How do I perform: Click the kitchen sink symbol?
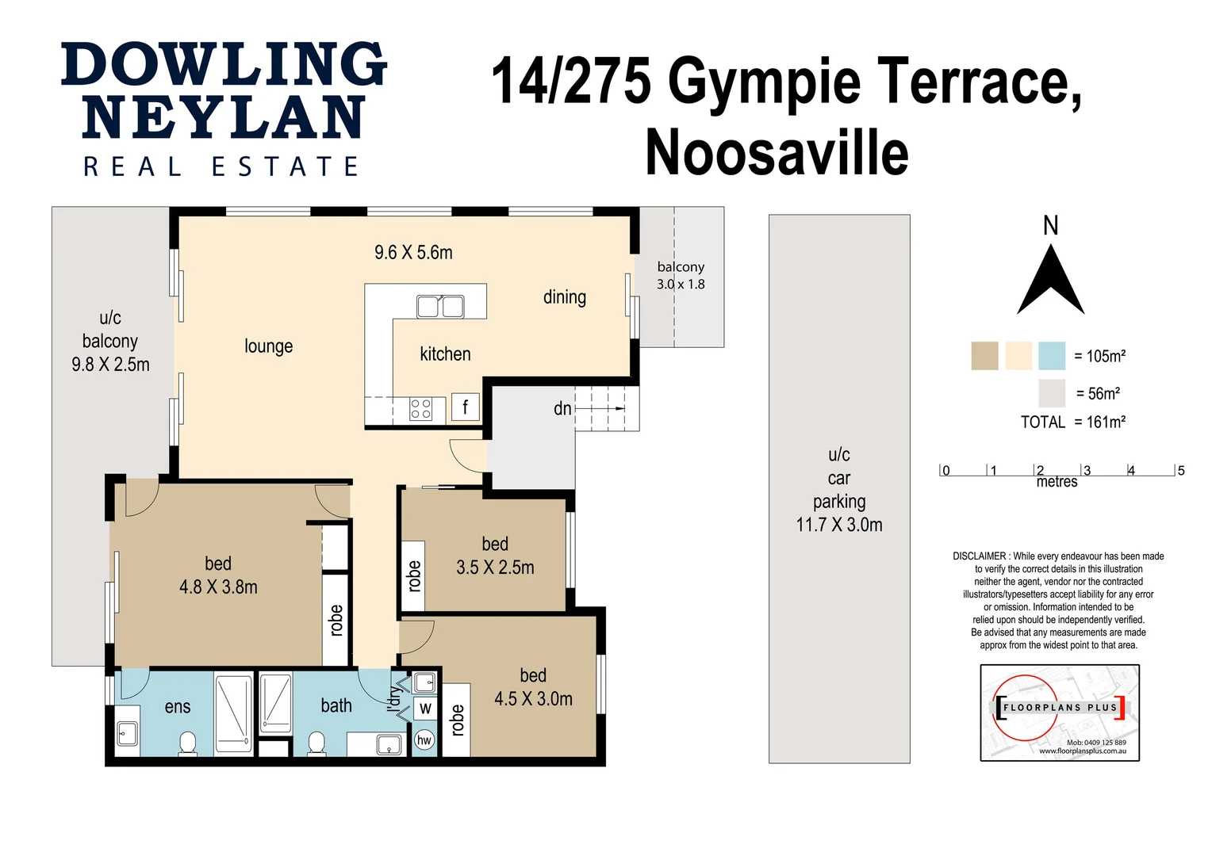click(x=440, y=306)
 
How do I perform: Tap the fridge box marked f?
click(x=465, y=407)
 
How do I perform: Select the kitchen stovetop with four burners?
click(x=420, y=409)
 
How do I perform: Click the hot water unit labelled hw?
click(x=424, y=740)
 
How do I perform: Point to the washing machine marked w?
click(x=425, y=708)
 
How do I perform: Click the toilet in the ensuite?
click(x=187, y=744)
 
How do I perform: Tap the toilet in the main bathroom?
click(x=316, y=744)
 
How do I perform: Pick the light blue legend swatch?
click(x=1052, y=356)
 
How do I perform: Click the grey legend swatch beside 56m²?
click(x=1052, y=393)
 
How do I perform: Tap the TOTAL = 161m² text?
click(x=1073, y=422)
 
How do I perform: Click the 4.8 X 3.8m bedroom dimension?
click(x=218, y=587)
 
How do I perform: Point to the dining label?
click(x=565, y=297)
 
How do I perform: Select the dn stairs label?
click(x=562, y=408)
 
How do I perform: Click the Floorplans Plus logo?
click(x=1060, y=713)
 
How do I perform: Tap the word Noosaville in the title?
click(x=777, y=152)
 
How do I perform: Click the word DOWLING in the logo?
click(x=224, y=65)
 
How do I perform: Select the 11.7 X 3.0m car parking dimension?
click(x=839, y=525)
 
